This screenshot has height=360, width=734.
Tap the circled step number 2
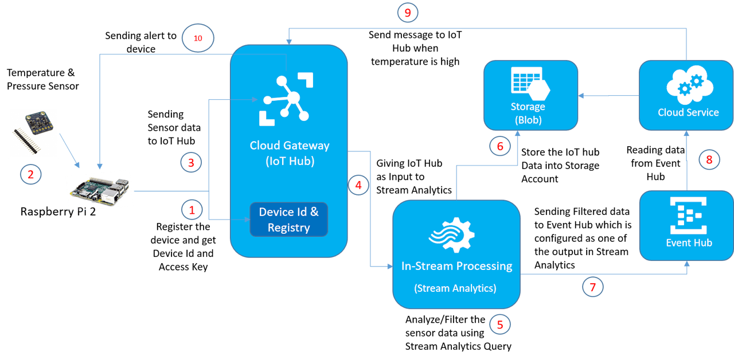tap(31, 174)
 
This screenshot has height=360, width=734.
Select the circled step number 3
tap(191, 162)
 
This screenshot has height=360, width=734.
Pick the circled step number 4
tap(358, 185)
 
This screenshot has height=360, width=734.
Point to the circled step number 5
tap(499, 325)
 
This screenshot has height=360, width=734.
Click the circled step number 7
tap(593, 287)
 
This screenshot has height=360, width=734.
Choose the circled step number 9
tap(408, 12)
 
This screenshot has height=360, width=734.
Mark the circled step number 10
tap(198, 38)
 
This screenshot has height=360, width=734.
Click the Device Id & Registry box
tap(288, 220)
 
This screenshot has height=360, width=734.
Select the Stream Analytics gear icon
tap(456, 237)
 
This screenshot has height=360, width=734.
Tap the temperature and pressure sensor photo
tap(33, 133)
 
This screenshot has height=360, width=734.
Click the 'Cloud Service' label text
tap(688, 112)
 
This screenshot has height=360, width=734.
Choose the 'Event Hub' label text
tap(689, 243)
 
